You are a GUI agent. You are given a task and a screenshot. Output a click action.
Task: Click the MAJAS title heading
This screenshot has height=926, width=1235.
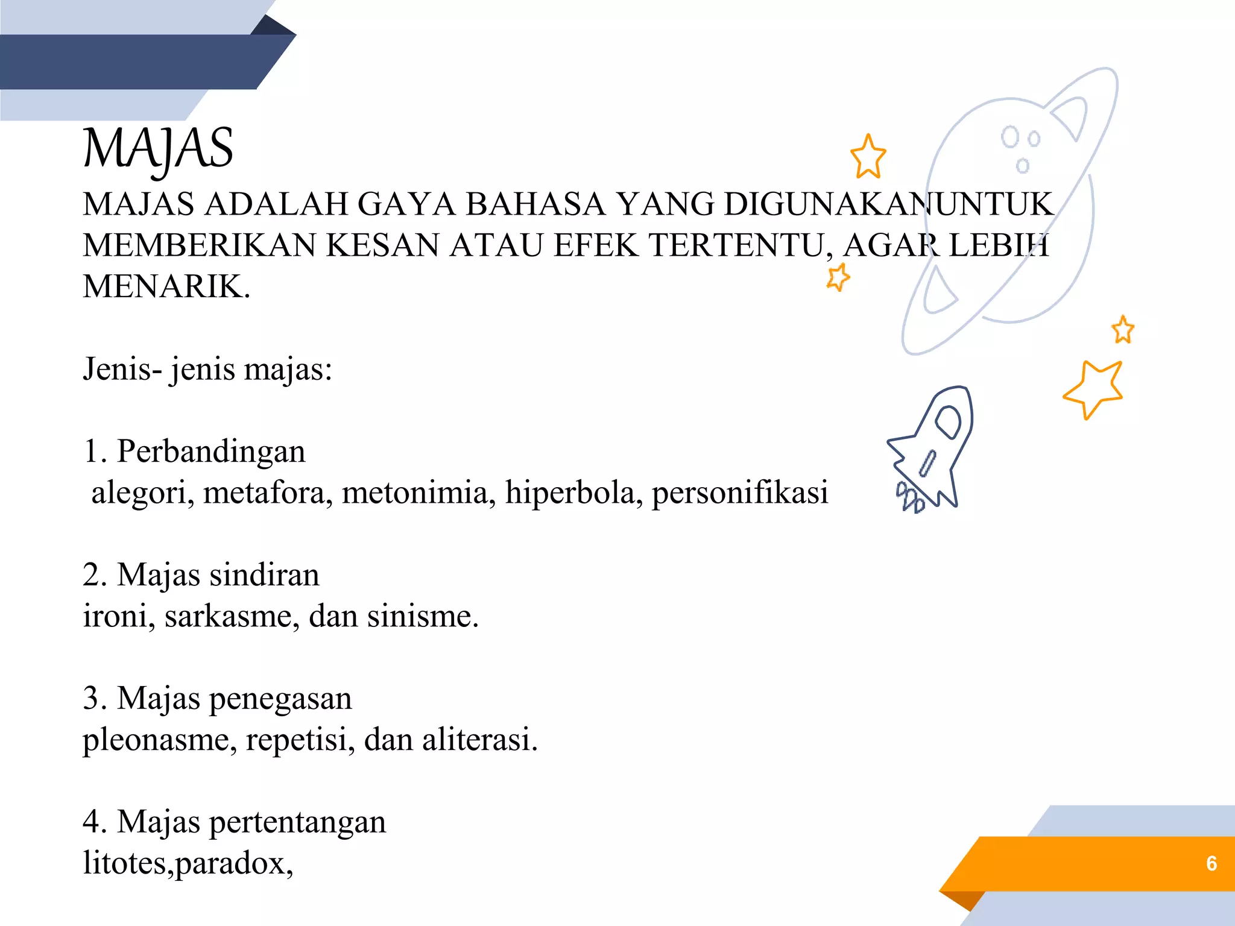(158, 150)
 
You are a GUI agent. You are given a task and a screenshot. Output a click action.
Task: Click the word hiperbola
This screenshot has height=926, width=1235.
(573, 493)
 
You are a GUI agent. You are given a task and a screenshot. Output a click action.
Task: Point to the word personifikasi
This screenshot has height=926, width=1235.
(740, 493)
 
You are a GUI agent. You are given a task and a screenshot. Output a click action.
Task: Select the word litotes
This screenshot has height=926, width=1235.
(127, 863)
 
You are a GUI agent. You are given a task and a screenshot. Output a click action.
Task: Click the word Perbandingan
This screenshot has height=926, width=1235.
(211, 452)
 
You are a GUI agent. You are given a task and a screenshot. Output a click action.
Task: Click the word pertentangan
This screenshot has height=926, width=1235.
(297, 823)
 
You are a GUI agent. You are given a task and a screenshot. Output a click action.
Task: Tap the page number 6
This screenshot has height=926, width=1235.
(1211, 863)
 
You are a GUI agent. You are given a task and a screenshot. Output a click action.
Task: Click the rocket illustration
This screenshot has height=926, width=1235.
(932, 449)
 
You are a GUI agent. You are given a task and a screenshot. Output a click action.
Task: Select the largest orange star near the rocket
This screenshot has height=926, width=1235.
(1094, 388)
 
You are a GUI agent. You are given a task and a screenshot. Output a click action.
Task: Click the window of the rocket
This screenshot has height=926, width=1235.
(948, 421)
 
